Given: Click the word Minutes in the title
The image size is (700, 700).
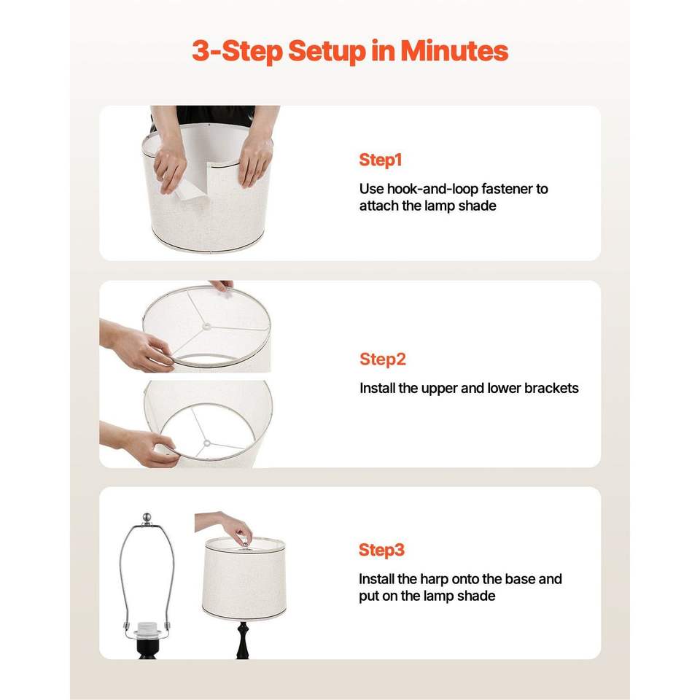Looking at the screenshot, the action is click(454, 50).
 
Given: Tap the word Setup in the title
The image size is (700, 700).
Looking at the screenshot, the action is click(327, 51).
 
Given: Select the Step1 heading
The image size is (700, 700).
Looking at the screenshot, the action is click(381, 160).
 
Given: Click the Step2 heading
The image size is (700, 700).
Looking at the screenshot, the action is click(383, 359).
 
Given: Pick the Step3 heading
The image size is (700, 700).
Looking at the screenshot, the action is click(381, 550).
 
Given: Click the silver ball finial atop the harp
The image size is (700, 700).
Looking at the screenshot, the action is click(147, 518).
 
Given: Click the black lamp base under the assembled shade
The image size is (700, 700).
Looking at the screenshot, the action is click(243, 639).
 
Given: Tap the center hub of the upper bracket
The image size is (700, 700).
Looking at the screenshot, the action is click(206, 327).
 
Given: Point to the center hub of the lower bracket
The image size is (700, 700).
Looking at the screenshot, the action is click(206, 443).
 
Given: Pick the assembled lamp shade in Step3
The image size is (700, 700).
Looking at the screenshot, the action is click(244, 579).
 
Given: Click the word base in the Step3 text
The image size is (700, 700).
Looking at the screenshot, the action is click(521, 579).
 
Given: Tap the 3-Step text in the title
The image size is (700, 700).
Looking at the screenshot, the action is click(238, 51).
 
